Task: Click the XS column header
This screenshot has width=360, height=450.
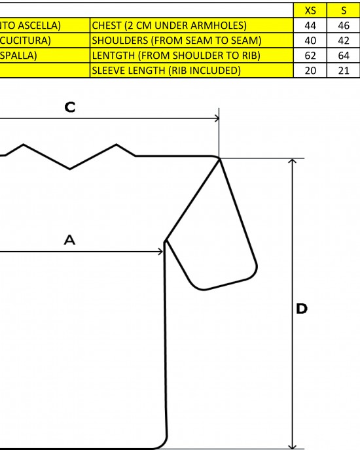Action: pos(310,10)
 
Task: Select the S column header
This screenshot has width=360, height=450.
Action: pos(344,10)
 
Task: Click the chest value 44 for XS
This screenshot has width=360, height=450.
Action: pos(310,26)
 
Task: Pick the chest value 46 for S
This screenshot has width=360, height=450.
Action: pos(344,26)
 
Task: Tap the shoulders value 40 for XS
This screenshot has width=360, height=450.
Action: pos(310,41)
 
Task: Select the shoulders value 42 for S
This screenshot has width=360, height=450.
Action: pos(344,41)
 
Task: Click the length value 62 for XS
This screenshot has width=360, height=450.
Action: pos(310,56)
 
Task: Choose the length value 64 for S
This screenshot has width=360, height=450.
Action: pos(344,56)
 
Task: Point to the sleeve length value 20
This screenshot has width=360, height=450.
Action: pos(310,71)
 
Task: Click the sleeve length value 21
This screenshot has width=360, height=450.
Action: pos(344,71)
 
